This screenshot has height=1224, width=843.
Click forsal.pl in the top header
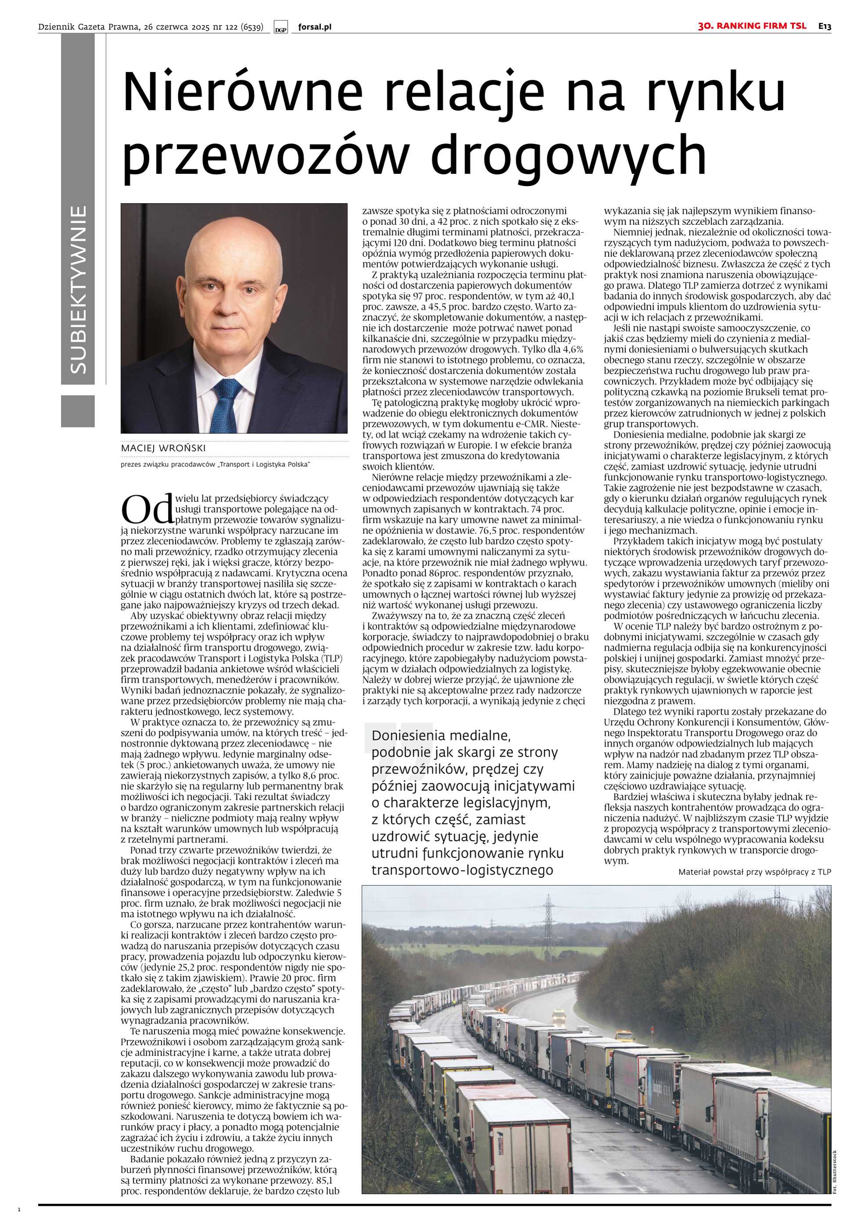[315, 27]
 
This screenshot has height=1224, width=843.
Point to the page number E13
[825, 25]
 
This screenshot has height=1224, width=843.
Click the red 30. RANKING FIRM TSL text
[752, 25]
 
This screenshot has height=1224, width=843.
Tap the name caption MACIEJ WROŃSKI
[163, 448]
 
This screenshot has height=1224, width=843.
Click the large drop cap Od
[147, 508]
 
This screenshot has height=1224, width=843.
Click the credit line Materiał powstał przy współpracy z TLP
[754, 872]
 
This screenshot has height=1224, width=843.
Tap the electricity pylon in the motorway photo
[548, 919]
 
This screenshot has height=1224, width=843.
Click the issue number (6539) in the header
[252, 27]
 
